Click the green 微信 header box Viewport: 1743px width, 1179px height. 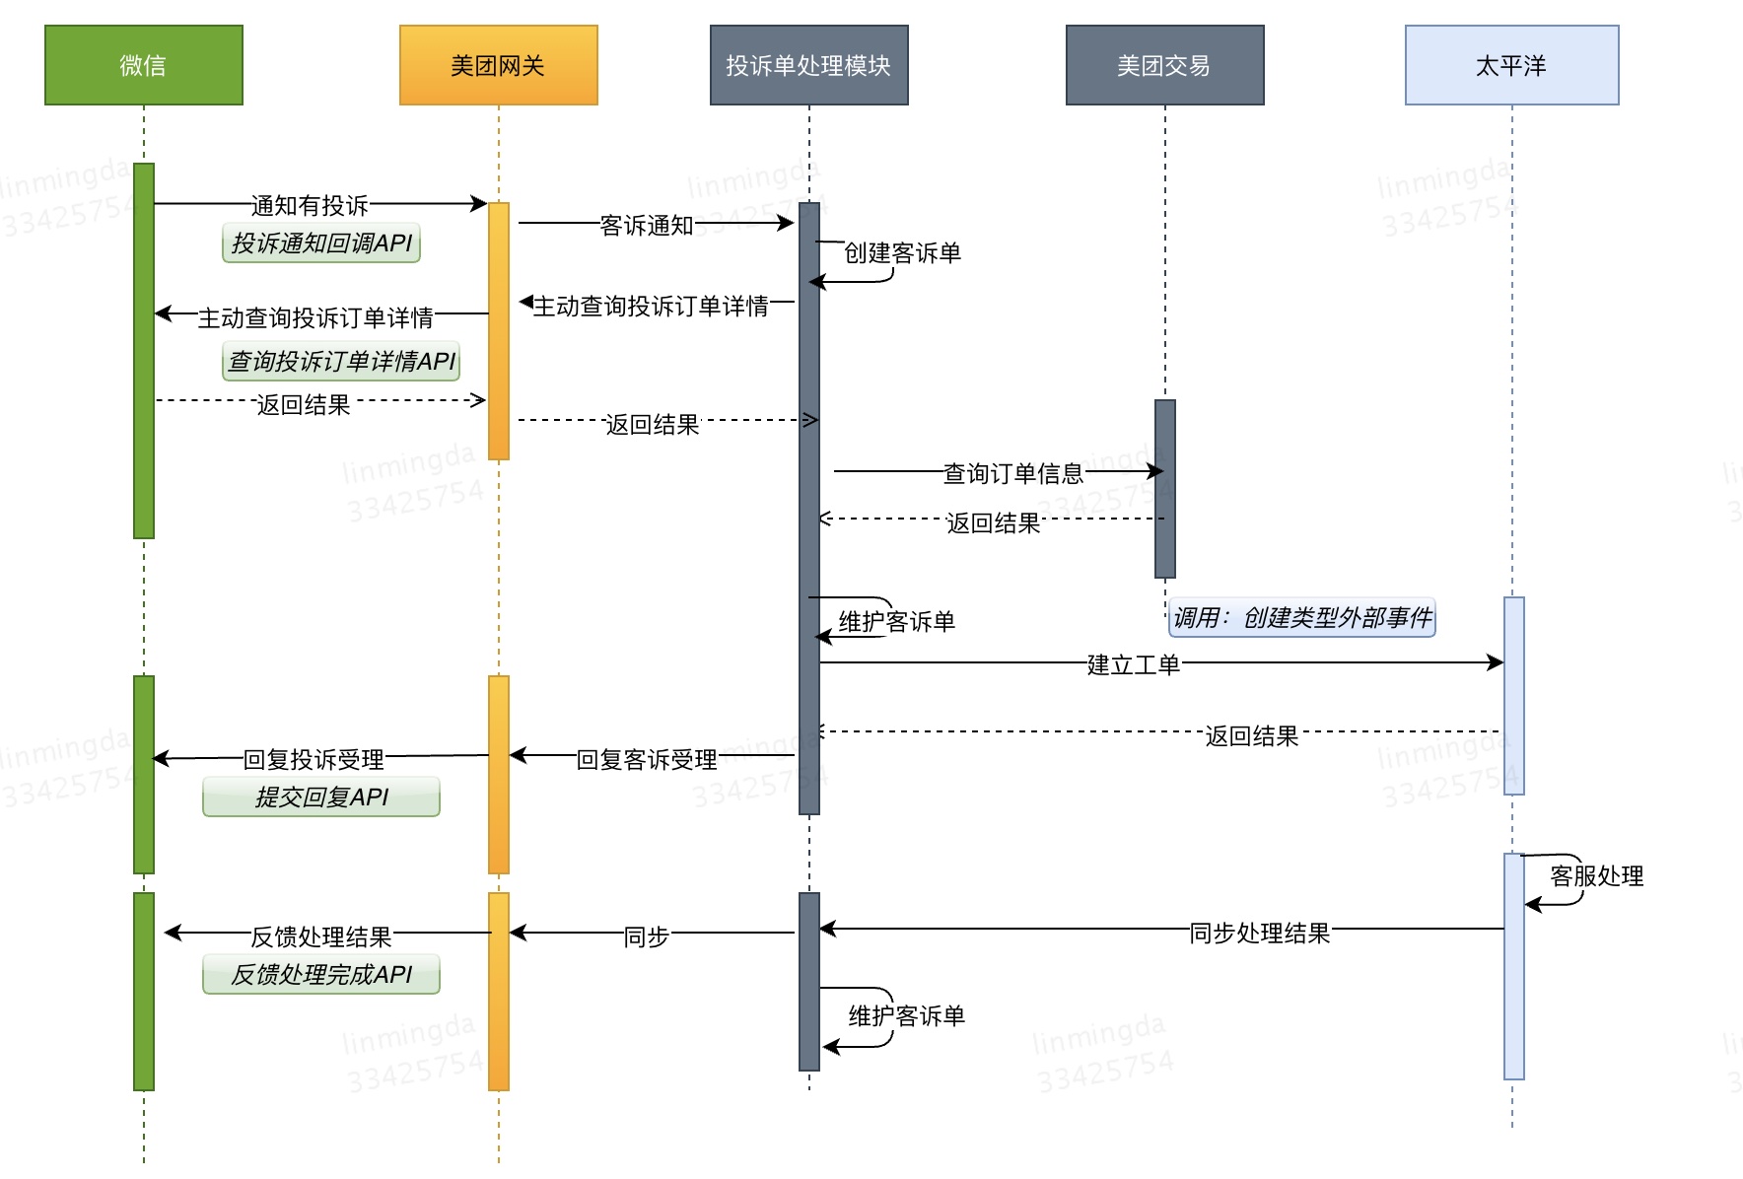pos(144,65)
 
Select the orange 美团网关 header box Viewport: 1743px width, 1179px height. pos(498,65)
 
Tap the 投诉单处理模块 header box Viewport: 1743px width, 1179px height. pos(808,65)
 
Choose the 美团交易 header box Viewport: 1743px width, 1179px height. pos(1164,65)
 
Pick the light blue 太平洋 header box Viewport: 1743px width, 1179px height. pos(1511,65)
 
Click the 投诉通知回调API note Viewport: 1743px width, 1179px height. pos(321,243)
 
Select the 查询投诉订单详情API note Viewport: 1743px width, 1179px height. pos(341,361)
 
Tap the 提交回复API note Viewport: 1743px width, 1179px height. pos(321,797)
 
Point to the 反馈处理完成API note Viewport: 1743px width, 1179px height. pos(321,974)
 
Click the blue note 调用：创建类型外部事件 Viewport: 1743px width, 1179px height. pos(1301,617)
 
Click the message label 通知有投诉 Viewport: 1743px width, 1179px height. pos(310,205)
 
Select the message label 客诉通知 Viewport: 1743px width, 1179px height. pos(647,225)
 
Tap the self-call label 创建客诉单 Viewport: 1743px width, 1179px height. pos(902,252)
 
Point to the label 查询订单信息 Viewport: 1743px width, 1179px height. pos(1012,473)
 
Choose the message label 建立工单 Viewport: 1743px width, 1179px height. pos(1133,664)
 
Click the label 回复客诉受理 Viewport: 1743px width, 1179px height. pos(647,759)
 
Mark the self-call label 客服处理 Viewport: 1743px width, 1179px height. pos(1596,875)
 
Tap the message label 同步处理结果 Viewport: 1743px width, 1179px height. pos(1259,933)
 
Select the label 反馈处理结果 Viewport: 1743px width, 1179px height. pos(321,936)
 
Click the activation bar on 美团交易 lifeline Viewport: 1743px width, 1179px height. pos(1165,488)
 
